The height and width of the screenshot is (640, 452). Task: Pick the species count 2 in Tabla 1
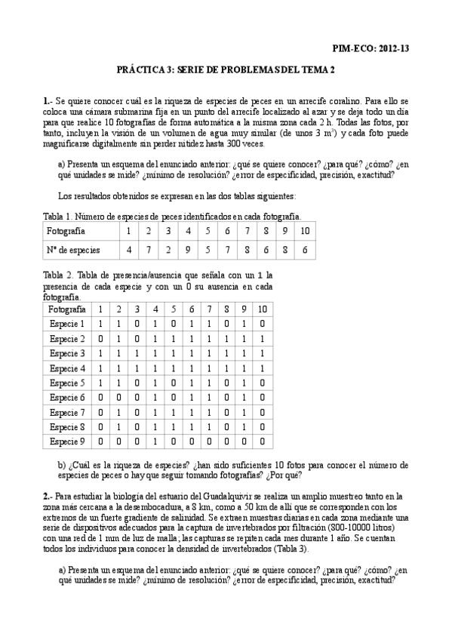coord(168,250)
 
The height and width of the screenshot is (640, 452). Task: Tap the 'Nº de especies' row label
coord(72,250)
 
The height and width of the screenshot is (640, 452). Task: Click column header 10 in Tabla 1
coord(303,231)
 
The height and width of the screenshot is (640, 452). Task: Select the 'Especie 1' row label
coord(66,324)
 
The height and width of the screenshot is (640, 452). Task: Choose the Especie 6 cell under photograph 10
coord(262,397)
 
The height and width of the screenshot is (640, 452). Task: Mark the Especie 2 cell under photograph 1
coord(100,338)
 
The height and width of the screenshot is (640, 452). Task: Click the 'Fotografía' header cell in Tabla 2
coord(66,309)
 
